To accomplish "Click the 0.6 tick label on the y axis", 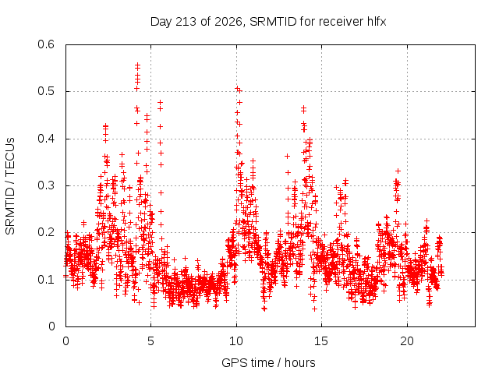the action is [x=46, y=44].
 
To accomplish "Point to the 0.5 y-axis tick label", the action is [x=46, y=91].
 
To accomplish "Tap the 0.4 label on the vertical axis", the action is [x=46, y=139].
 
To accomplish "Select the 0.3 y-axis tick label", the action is [x=46, y=185].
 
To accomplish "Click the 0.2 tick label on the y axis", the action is [x=46, y=232].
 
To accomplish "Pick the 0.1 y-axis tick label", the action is [x=46, y=280].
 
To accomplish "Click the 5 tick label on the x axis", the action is [x=150, y=341].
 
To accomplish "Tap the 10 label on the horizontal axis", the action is [x=236, y=341].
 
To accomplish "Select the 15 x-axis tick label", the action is [x=321, y=341].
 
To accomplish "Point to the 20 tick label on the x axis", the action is [x=407, y=341].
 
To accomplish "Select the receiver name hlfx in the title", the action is [x=377, y=22].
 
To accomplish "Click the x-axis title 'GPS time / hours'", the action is [x=268, y=363].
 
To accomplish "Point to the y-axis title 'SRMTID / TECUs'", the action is [x=10, y=186].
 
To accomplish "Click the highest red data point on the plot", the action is [x=137, y=65].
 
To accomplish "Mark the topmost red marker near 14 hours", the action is [x=303, y=108].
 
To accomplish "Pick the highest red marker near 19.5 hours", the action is [x=398, y=171].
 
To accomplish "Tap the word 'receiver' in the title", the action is [x=341, y=22].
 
